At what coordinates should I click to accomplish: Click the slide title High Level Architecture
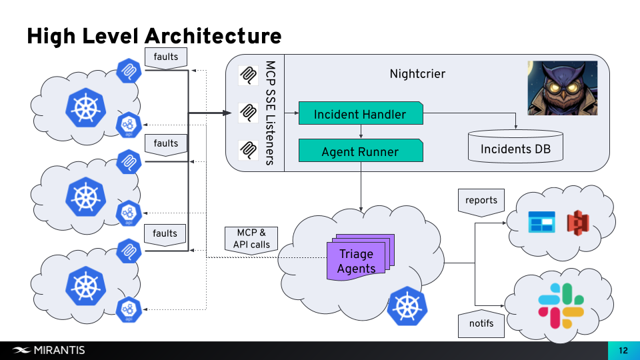tap(154, 35)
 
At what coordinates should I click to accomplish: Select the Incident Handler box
tap(360, 114)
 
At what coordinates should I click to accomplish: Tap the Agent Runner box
tap(360, 151)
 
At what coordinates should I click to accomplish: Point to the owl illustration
tap(562, 88)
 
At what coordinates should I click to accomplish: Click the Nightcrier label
tap(417, 73)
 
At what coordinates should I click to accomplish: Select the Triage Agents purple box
tap(357, 261)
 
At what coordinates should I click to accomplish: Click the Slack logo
tap(561, 306)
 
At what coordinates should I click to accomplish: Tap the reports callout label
tap(481, 201)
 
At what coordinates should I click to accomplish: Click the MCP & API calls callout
tap(251, 239)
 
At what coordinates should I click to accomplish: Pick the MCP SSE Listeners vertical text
tap(270, 113)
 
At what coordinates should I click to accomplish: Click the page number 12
tap(623, 351)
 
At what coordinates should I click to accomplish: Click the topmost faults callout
tap(165, 57)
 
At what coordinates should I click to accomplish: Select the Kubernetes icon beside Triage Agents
tap(407, 306)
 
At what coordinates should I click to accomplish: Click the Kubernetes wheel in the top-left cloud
tap(85, 107)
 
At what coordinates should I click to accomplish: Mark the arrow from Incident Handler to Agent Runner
tap(360, 132)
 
